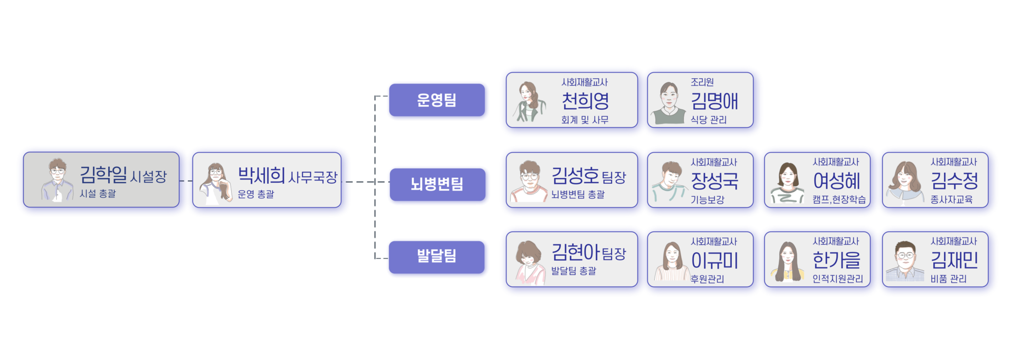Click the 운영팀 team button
(x=436, y=100)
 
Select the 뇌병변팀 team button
(x=437, y=184)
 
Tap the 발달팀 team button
(x=436, y=257)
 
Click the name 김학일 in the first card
(x=103, y=175)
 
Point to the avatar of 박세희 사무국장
(x=215, y=183)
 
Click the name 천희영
(x=585, y=100)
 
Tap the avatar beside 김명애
(x=668, y=103)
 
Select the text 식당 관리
(x=709, y=120)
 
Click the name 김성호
(x=575, y=175)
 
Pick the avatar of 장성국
(x=668, y=182)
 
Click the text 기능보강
(x=708, y=200)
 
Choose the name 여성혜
(x=836, y=181)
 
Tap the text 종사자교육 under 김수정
(x=951, y=200)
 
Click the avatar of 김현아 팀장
(x=529, y=262)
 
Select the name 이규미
(x=714, y=260)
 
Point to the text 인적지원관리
(x=837, y=279)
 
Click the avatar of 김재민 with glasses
(x=904, y=261)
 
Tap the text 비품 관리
(x=948, y=279)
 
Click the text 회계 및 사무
(x=585, y=120)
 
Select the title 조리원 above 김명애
(x=702, y=82)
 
